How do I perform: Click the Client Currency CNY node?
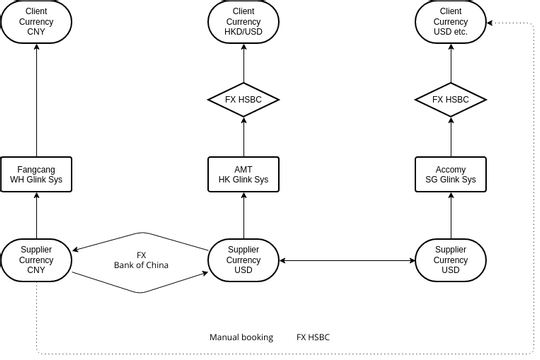36,21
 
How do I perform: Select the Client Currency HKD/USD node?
243,21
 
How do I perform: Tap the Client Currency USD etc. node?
450,21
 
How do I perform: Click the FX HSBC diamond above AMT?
243,100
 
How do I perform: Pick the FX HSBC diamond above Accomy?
450,100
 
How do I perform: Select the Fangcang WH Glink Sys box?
36,175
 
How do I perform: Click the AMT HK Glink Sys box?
243,175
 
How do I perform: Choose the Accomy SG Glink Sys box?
450,175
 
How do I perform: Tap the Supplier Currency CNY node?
36,260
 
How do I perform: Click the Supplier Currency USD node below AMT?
243,260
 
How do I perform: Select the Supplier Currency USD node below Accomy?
450,260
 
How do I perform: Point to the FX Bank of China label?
140,260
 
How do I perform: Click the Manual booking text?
241,337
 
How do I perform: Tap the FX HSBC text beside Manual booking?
313,337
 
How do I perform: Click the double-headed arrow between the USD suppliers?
346,260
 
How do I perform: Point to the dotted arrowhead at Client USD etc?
490,21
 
